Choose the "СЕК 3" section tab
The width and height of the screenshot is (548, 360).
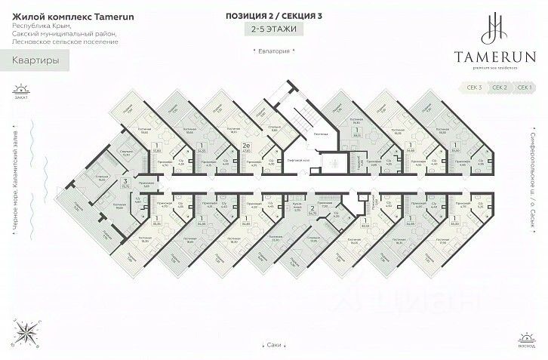coord(474,88)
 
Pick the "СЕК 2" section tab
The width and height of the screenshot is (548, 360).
coord(499,88)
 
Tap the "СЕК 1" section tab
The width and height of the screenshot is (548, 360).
coord(523,88)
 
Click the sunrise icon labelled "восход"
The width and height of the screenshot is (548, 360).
coord(523,337)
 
